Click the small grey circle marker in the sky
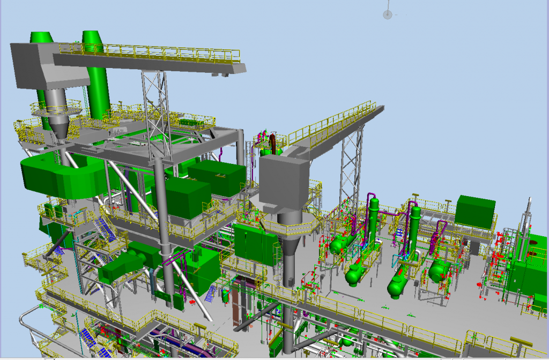tap(387, 14)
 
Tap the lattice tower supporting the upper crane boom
tap(153, 102)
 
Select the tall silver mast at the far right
tap(528, 214)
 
